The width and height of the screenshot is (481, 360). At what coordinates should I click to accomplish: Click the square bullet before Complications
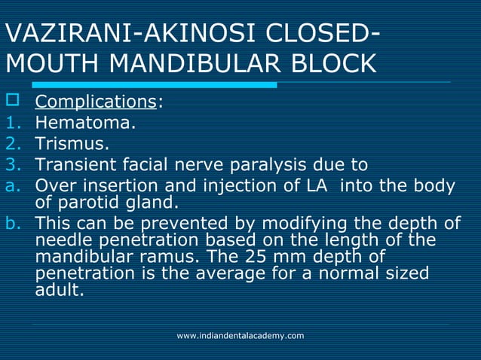(10, 102)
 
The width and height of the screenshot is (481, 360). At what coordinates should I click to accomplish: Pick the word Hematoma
(86, 122)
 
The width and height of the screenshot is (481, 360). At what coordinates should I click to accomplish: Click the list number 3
(11, 164)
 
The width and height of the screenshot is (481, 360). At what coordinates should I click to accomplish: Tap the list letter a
(11, 185)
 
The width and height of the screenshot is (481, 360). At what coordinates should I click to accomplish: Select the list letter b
(11, 223)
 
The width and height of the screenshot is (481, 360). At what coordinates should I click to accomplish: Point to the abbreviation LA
(317, 185)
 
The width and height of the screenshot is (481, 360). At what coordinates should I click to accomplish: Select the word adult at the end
(58, 289)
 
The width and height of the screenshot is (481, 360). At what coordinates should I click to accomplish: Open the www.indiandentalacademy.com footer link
(240, 335)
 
